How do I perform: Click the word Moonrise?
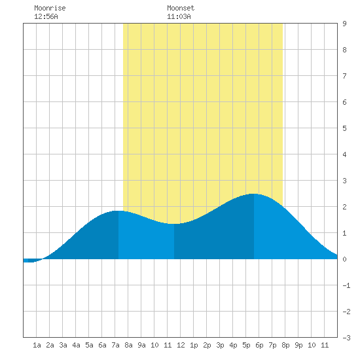click(50, 8)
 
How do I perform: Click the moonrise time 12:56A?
click(46, 16)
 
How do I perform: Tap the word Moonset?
click(181, 8)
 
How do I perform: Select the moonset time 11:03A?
click(179, 16)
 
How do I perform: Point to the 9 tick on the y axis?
click(344, 24)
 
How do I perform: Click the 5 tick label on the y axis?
click(344, 128)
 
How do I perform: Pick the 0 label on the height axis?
click(344, 259)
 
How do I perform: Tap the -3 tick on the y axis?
click(346, 338)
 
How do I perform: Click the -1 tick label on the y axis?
click(346, 285)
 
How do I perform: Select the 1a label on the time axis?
click(37, 345)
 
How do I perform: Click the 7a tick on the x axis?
click(115, 345)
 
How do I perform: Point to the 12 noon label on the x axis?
click(181, 345)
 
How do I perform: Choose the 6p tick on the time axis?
click(259, 345)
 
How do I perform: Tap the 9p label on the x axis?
click(298, 345)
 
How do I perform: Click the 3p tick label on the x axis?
click(220, 345)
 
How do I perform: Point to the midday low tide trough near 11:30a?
click(173, 224)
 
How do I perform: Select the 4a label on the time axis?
click(76, 345)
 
